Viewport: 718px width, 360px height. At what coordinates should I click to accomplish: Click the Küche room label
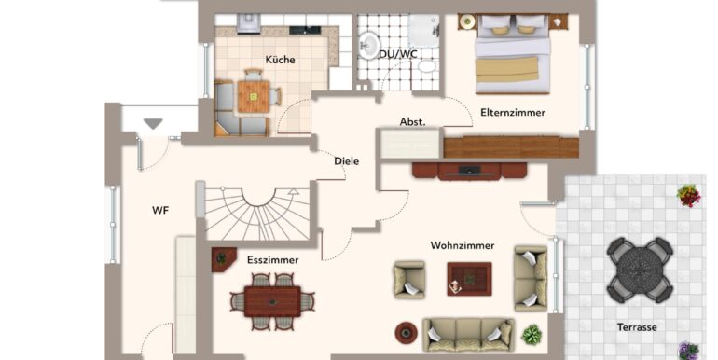pos(280,60)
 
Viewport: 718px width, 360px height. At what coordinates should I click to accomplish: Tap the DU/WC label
pos(398,54)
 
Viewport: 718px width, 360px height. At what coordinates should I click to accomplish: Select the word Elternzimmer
pos(513,112)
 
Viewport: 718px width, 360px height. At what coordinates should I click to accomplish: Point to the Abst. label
pos(412,122)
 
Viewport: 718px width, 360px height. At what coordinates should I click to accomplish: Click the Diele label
pos(346,161)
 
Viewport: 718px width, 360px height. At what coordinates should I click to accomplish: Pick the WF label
pos(160,210)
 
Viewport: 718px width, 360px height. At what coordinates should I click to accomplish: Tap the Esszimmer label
pos(272,260)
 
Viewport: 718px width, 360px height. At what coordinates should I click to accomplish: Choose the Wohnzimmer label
pos(462,245)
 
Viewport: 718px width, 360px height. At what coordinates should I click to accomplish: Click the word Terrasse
pos(637,327)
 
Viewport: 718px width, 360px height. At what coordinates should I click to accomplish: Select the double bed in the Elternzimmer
pos(513,53)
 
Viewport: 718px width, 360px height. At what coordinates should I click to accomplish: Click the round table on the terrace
pos(640,270)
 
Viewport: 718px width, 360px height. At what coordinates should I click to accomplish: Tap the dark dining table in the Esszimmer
pos(272,301)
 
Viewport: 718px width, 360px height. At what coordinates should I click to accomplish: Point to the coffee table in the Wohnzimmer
pos(469,279)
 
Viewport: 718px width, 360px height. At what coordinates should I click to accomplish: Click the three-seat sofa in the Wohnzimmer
pos(468,335)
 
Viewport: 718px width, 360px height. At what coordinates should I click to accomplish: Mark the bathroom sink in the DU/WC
pos(368,46)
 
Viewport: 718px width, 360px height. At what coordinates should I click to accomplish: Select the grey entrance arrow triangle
pos(153,124)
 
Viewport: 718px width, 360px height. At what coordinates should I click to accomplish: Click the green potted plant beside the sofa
pos(532,335)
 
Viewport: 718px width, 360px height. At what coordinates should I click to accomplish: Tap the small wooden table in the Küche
pos(254,97)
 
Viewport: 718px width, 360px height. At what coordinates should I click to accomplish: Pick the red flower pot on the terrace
pos(689,196)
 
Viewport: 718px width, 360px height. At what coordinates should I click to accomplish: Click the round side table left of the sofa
pos(407,333)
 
